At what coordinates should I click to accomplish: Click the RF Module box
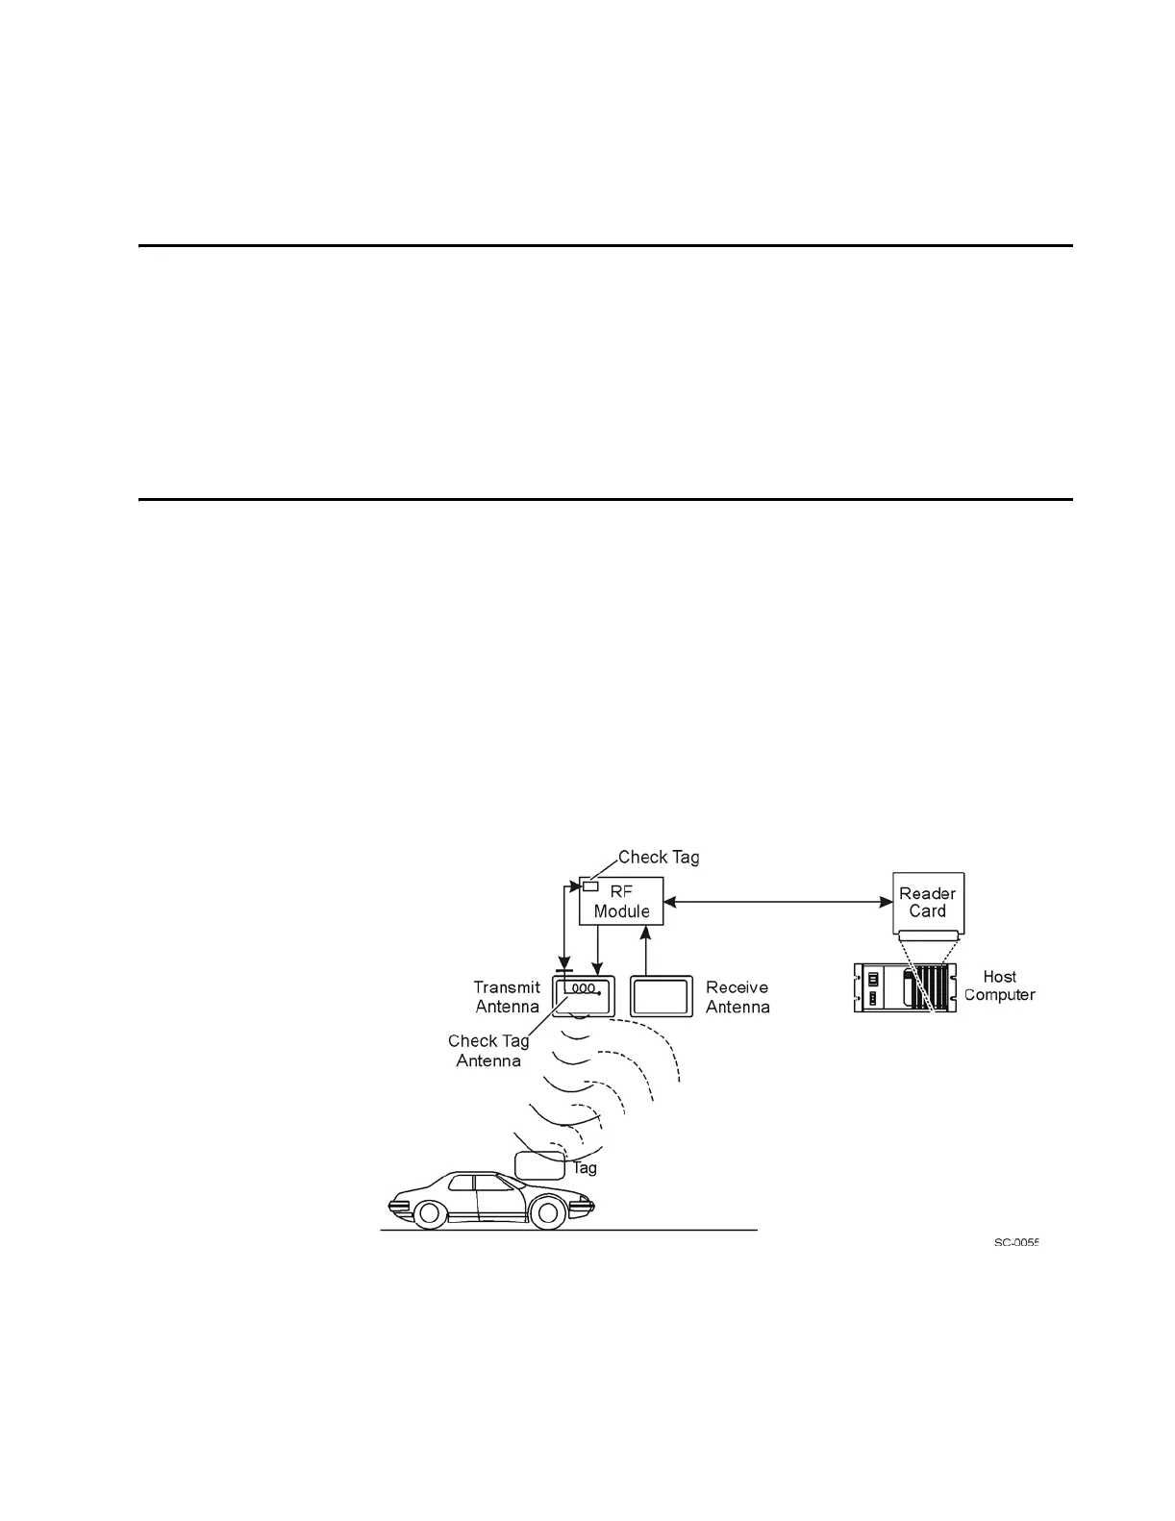pyautogui.click(x=621, y=902)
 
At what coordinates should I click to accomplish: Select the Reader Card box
pyautogui.click(x=928, y=902)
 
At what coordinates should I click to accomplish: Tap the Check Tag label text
pyautogui.click(x=659, y=857)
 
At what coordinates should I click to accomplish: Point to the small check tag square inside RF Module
pyautogui.click(x=590, y=885)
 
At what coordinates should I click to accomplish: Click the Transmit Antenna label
pyautogui.click(x=507, y=997)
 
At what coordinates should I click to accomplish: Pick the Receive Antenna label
pyautogui.click(x=737, y=997)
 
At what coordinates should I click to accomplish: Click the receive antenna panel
pyautogui.click(x=661, y=996)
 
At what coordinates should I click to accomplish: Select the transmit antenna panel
pyautogui.click(x=584, y=996)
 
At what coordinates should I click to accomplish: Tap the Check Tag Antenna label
pyautogui.click(x=488, y=1051)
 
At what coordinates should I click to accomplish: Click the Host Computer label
pyautogui.click(x=1000, y=985)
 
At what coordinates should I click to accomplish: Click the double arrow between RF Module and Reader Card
pyautogui.click(x=778, y=902)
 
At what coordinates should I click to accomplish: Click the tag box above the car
pyautogui.click(x=540, y=1165)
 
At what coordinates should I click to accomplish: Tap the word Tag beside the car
pyautogui.click(x=585, y=1168)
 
